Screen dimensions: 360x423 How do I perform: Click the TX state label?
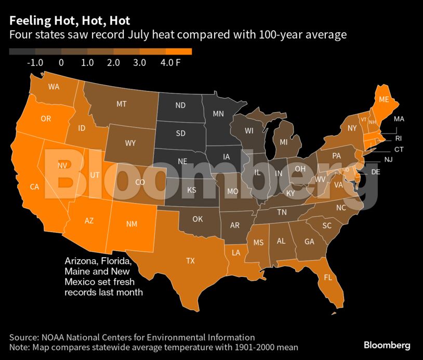click(191, 261)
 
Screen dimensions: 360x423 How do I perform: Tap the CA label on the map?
click(35, 186)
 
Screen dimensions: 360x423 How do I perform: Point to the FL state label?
click(327, 277)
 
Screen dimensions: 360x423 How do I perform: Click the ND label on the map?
click(180, 105)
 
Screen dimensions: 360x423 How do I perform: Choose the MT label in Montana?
click(121, 104)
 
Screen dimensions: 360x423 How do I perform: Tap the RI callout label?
click(399, 138)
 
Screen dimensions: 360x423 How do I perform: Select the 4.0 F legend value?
click(170, 63)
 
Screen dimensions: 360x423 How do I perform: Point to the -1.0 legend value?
click(35, 63)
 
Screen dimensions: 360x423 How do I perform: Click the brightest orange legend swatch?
click(179, 51)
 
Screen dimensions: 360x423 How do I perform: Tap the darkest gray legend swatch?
click(22, 51)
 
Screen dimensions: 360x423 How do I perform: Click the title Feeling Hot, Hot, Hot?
click(70, 21)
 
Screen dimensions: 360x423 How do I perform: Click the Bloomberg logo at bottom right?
click(387, 345)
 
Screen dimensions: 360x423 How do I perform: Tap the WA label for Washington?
click(54, 87)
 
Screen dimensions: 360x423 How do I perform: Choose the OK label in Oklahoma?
click(197, 219)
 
